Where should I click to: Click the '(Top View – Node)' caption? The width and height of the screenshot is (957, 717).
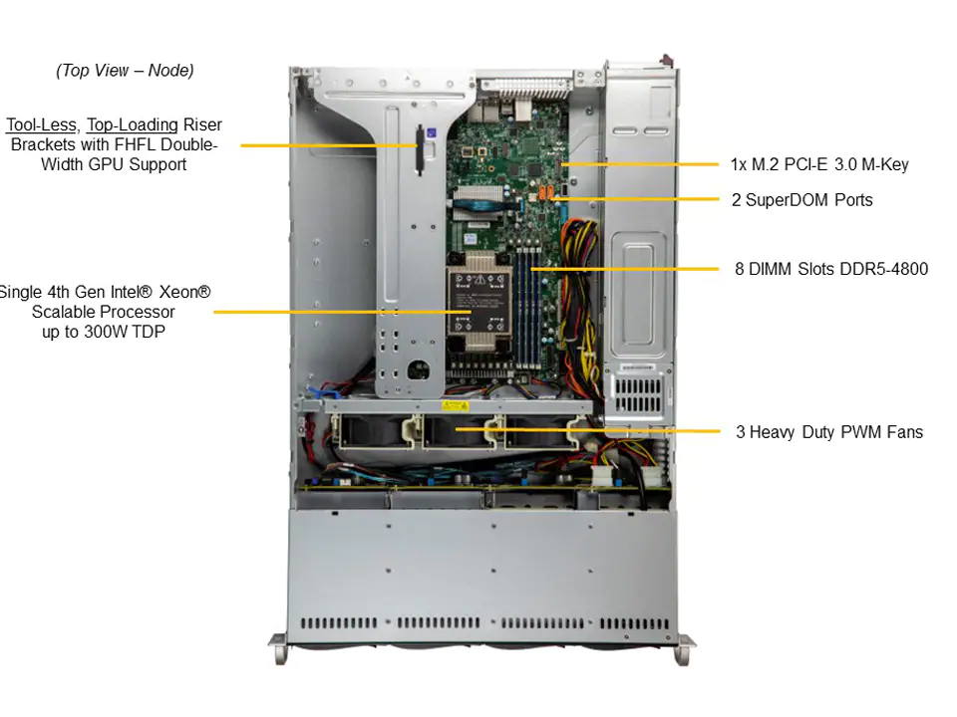point(125,71)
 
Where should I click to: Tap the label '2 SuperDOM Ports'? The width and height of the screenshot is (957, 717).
point(801,200)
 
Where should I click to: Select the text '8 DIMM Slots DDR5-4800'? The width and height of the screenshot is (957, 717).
point(831,269)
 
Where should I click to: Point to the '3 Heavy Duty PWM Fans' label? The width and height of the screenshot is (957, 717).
point(829,432)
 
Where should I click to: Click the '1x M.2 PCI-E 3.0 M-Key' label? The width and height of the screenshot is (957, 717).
point(819,164)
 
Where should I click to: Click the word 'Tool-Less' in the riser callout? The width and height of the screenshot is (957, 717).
point(42,125)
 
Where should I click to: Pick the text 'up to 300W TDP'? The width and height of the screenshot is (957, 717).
point(104,332)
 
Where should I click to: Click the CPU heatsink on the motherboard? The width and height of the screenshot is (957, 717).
point(478,301)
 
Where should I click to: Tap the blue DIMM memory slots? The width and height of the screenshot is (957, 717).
point(528,305)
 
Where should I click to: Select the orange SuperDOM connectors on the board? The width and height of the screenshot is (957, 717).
point(545,192)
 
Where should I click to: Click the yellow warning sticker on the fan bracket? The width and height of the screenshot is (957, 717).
point(455,405)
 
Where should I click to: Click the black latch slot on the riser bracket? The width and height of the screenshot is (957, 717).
point(420,150)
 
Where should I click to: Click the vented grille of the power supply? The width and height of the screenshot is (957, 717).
point(638,395)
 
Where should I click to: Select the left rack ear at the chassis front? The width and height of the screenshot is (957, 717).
point(279,648)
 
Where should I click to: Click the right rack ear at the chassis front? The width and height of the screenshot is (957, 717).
point(685,650)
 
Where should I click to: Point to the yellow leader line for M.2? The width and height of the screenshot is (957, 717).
point(641,164)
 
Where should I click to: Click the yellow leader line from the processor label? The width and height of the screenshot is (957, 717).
point(342,312)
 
